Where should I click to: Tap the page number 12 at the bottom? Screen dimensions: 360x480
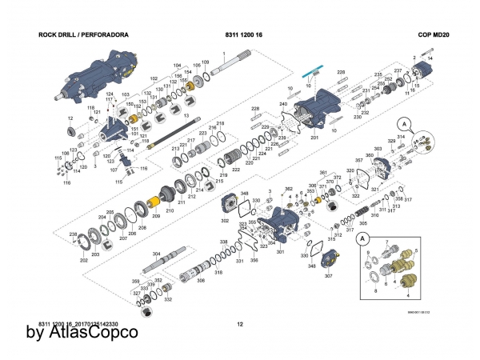[x=240, y=324]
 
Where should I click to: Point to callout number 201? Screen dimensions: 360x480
[x=314, y=138]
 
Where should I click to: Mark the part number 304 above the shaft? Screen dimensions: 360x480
[x=157, y=254]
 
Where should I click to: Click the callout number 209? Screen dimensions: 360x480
[x=157, y=217]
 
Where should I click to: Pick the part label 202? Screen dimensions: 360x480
[x=84, y=261]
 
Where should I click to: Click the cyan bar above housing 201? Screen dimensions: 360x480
[x=311, y=69]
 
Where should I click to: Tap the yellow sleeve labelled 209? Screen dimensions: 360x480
[x=155, y=202]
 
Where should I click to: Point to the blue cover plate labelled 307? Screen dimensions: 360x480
[x=328, y=261]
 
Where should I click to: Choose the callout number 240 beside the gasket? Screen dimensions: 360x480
[x=283, y=105]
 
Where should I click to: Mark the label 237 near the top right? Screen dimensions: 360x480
[x=397, y=70]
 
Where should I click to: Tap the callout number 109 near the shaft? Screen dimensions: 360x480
[x=206, y=62]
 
